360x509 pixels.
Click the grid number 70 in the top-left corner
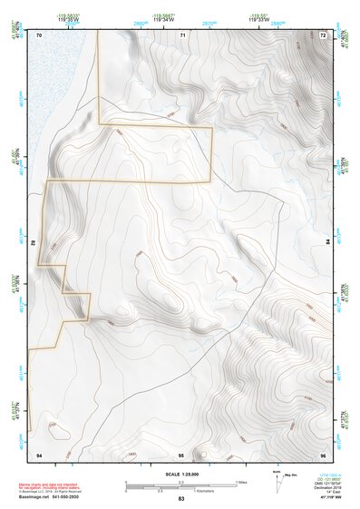click(x=40, y=34)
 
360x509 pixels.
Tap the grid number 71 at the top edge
click(x=181, y=34)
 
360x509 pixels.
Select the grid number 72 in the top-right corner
click(x=324, y=34)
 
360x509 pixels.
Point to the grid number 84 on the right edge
click(x=327, y=242)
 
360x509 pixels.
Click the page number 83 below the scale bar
click(x=181, y=500)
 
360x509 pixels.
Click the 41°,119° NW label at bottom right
click(x=326, y=498)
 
